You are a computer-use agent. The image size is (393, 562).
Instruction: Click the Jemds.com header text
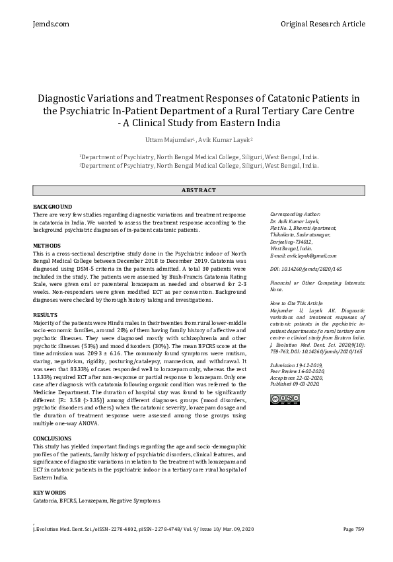point(51,24)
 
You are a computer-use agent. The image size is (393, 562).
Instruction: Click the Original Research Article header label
point(322,24)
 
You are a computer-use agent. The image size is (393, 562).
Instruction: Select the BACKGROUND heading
point(52,207)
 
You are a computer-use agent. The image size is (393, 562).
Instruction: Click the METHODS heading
point(47,246)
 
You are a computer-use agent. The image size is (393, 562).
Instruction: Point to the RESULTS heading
point(46,315)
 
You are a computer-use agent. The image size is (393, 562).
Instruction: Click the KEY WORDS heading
point(50,493)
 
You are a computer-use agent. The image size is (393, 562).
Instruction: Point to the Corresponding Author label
point(295,215)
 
